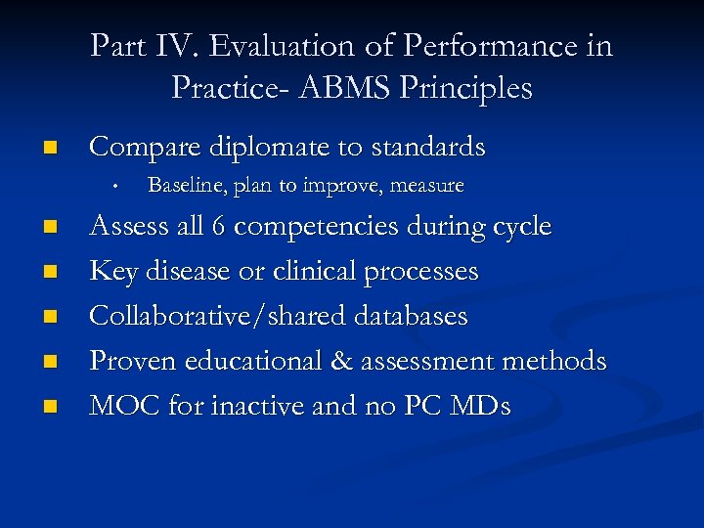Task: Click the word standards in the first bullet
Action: (x=427, y=147)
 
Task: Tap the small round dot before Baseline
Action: (x=115, y=185)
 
